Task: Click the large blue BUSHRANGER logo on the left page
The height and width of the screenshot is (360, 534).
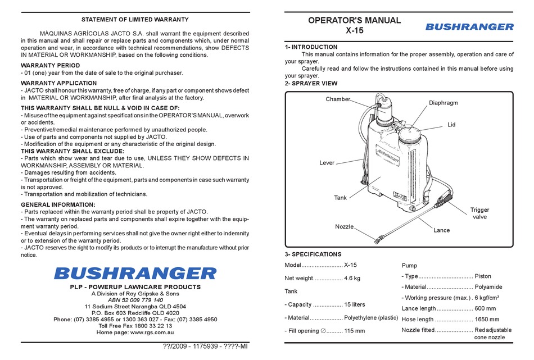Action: point(135,273)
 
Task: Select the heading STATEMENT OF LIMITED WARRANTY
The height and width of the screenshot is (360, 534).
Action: point(134,20)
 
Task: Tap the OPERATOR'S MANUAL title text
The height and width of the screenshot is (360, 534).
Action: point(355,20)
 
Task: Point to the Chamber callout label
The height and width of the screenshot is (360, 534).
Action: point(338,99)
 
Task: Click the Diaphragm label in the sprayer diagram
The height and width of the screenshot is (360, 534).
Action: point(444,103)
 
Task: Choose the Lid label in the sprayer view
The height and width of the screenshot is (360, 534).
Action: point(451,125)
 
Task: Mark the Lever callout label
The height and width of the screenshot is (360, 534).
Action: point(327,163)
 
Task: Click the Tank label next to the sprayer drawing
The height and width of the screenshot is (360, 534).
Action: point(340,198)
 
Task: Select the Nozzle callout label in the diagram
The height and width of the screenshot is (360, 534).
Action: point(344,227)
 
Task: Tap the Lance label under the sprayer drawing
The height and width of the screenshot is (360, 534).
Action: point(441,230)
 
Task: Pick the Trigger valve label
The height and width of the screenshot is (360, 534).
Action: point(479,213)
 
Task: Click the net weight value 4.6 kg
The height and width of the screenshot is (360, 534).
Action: point(352,278)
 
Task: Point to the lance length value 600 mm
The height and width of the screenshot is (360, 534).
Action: point(486,309)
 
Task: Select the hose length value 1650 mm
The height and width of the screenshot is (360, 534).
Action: point(487,319)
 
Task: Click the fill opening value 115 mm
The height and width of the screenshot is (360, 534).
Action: point(354,331)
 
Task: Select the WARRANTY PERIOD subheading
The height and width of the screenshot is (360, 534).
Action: point(50,66)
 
